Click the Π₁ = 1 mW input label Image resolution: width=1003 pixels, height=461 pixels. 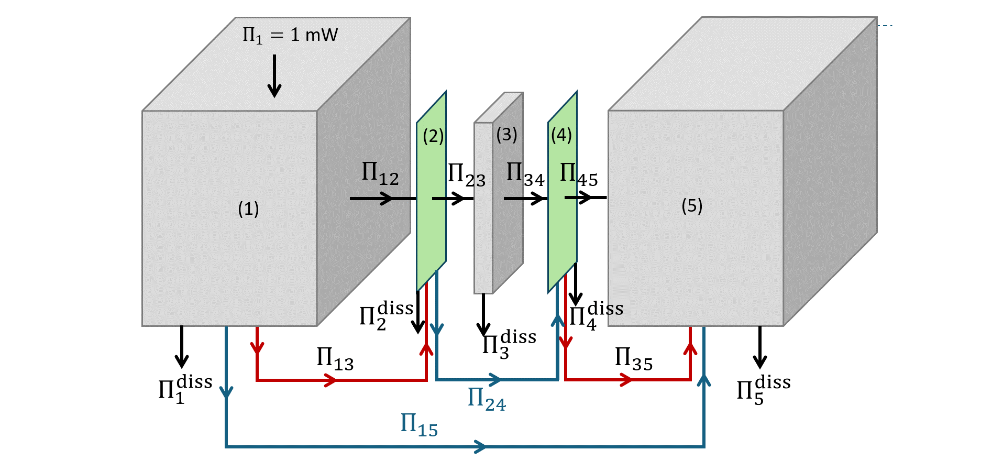290,36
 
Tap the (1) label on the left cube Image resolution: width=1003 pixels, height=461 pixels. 248,209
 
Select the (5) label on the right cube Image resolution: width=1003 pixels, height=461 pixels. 692,206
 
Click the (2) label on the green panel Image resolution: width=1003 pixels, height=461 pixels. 433,136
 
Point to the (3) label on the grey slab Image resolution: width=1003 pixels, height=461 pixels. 506,135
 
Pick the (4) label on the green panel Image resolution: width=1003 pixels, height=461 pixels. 561,135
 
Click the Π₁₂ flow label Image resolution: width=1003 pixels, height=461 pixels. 380,173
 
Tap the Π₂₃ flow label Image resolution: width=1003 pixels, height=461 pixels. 466,175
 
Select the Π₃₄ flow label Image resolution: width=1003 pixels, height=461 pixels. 525,174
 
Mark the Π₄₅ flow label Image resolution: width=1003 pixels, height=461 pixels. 578,174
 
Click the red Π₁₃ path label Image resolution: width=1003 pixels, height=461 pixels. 335,359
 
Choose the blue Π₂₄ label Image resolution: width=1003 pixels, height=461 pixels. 486,399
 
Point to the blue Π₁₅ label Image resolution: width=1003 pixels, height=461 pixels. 418,425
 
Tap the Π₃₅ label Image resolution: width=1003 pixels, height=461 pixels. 633,359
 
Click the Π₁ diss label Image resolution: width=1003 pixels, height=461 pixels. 185,389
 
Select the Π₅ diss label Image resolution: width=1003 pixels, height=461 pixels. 763,390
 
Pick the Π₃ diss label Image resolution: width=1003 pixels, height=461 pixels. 509,344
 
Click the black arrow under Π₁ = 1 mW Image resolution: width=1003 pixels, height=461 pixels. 274,76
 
